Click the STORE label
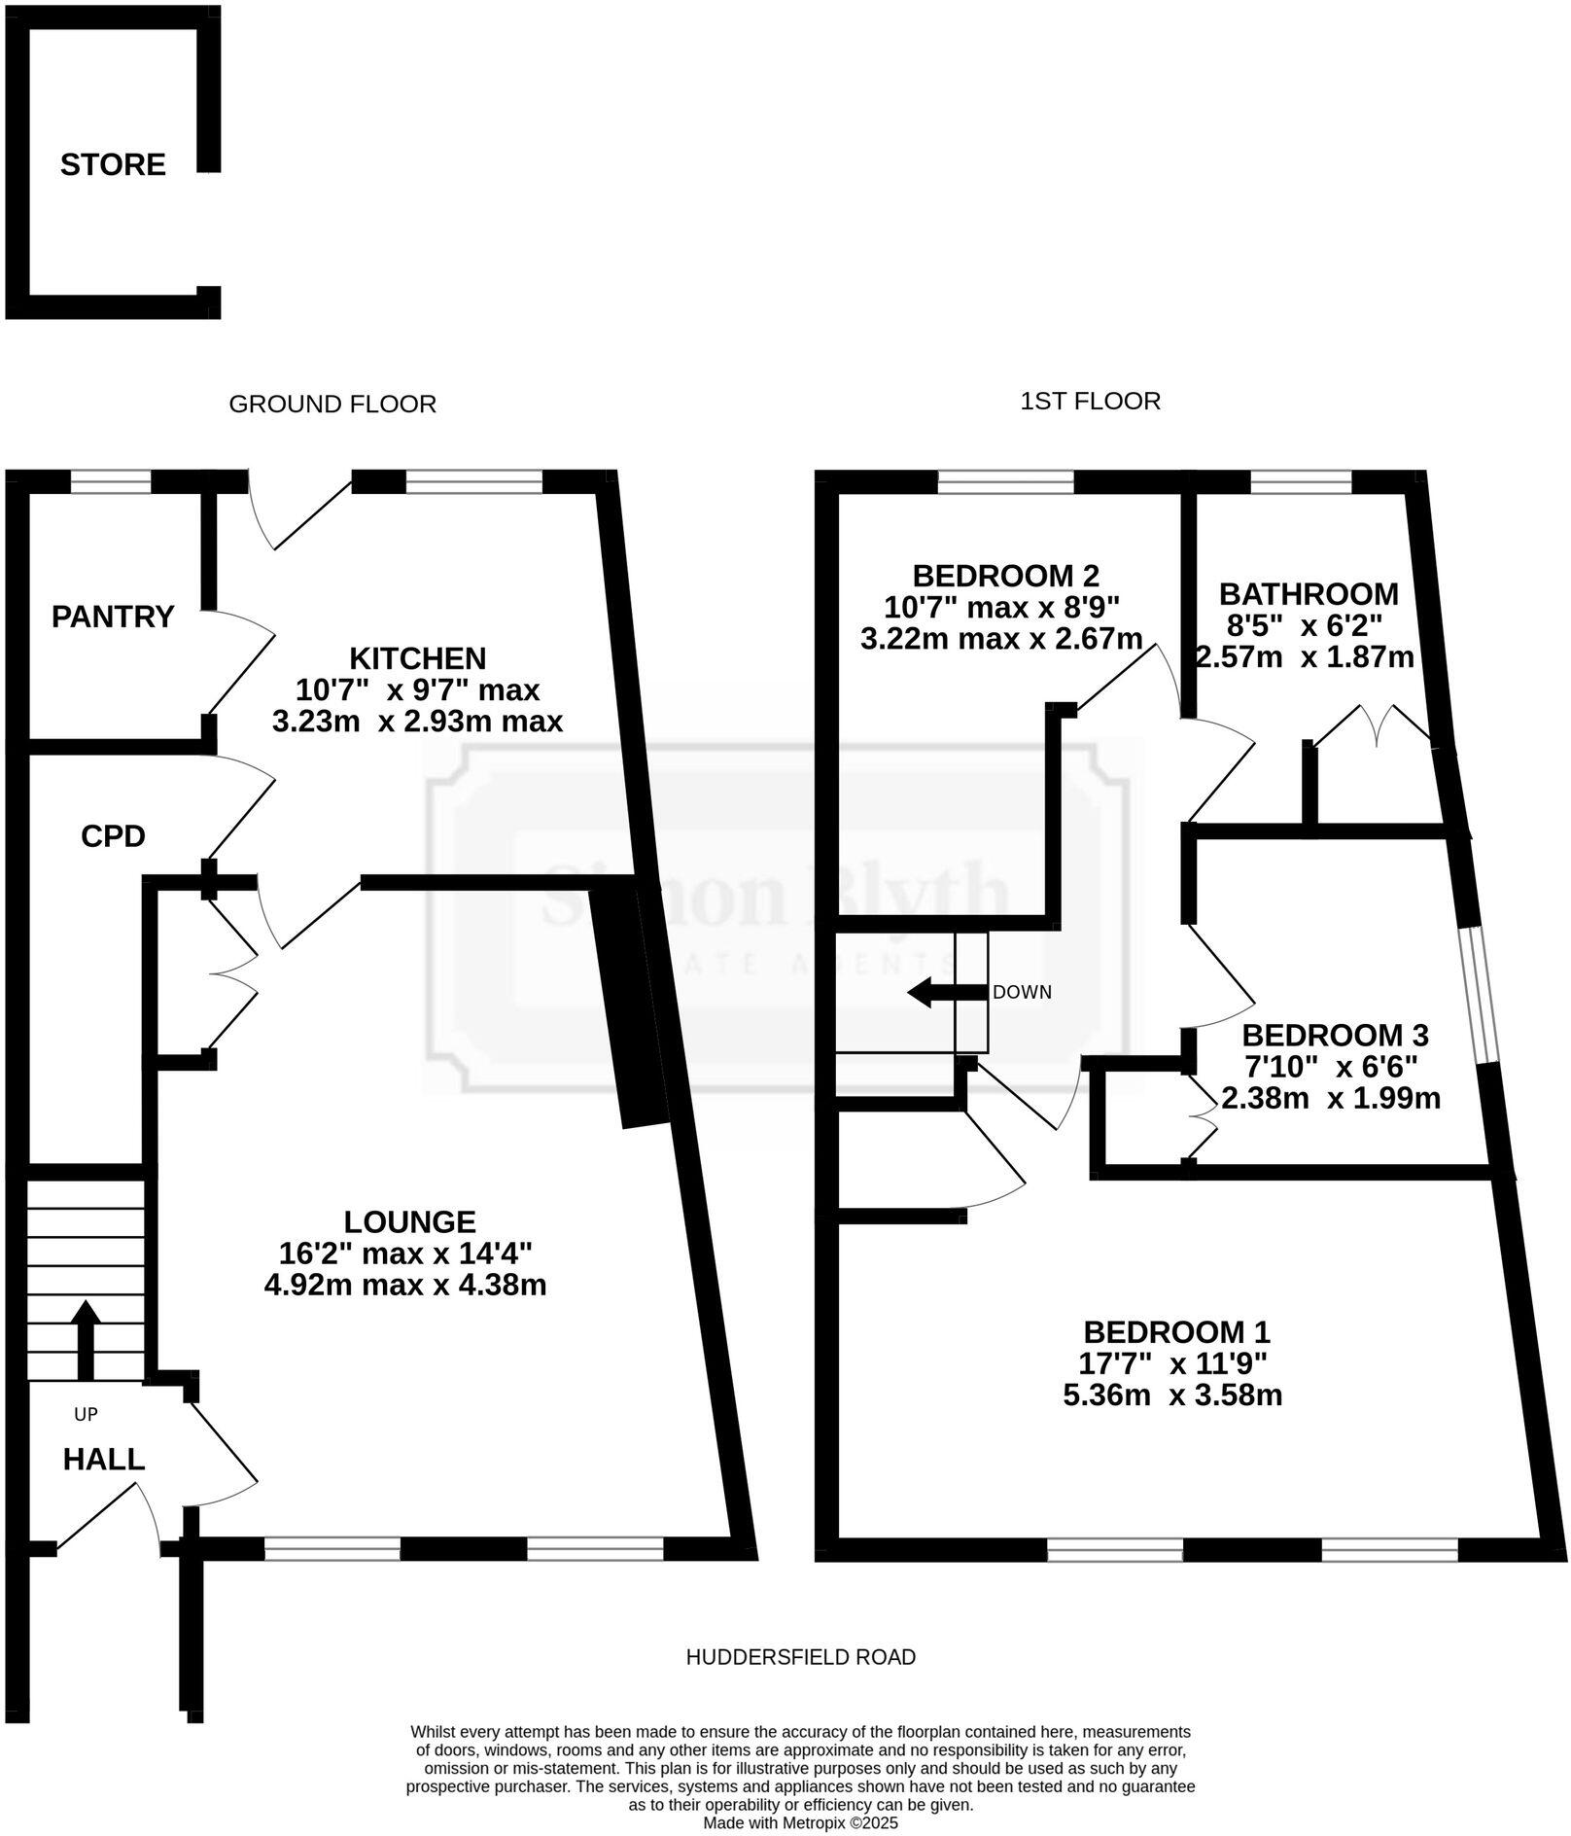(x=113, y=164)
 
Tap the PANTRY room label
(x=113, y=617)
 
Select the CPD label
(x=113, y=835)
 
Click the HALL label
(x=104, y=1459)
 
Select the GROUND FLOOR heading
(x=332, y=404)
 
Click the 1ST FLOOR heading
(x=1090, y=401)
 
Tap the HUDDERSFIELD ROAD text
(x=800, y=1656)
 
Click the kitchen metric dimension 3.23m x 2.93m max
(x=417, y=722)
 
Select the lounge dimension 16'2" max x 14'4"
(x=409, y=1253)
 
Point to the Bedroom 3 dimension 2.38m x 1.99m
(x=1330, y=1098)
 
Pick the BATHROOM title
(x=1309, y=593)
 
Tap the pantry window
(x=111, y=482)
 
